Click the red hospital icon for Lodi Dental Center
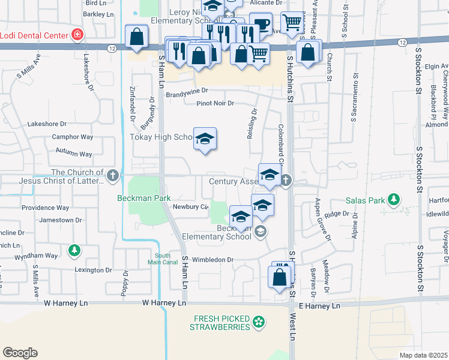pos(76,35)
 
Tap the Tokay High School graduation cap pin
pos(205,139)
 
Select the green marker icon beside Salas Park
pos(393,199)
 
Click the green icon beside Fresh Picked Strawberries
pos(259,322)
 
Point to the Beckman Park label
pos(144,198)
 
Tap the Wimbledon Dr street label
pos(212,260)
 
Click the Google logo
pos(20,353)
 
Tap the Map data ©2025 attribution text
pos(423,355)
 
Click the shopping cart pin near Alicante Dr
pos(292,23)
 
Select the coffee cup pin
pos(261,24)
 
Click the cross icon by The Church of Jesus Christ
pos(114,176)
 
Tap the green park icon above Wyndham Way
pos(74,249)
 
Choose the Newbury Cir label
pos(190,207)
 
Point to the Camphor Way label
pos(72,137)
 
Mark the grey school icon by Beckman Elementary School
pos(260,231)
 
